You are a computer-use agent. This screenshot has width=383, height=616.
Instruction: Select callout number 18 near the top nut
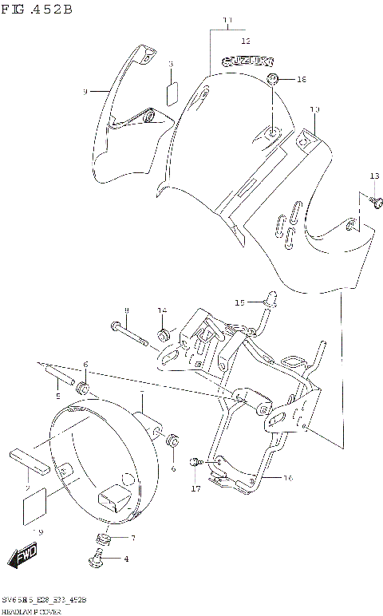coord(301,80)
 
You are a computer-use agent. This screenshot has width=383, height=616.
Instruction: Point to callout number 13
coord(374,176)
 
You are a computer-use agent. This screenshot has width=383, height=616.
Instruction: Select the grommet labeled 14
coord(163,333)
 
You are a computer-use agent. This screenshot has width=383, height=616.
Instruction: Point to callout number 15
coord(239,302)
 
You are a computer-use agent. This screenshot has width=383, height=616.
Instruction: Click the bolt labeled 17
coord(195,463)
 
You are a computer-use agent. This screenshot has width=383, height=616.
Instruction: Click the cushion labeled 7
coord(103,538)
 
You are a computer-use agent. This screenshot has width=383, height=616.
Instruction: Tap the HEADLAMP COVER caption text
coord(33,609)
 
